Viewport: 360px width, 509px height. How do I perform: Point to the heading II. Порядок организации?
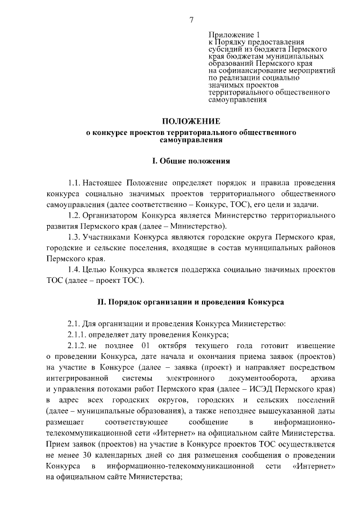(191, 302)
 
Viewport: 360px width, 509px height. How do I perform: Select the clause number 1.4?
(74, 268)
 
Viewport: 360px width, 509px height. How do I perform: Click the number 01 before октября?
(146, 345)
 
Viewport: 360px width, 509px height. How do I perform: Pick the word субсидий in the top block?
(223, 49)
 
